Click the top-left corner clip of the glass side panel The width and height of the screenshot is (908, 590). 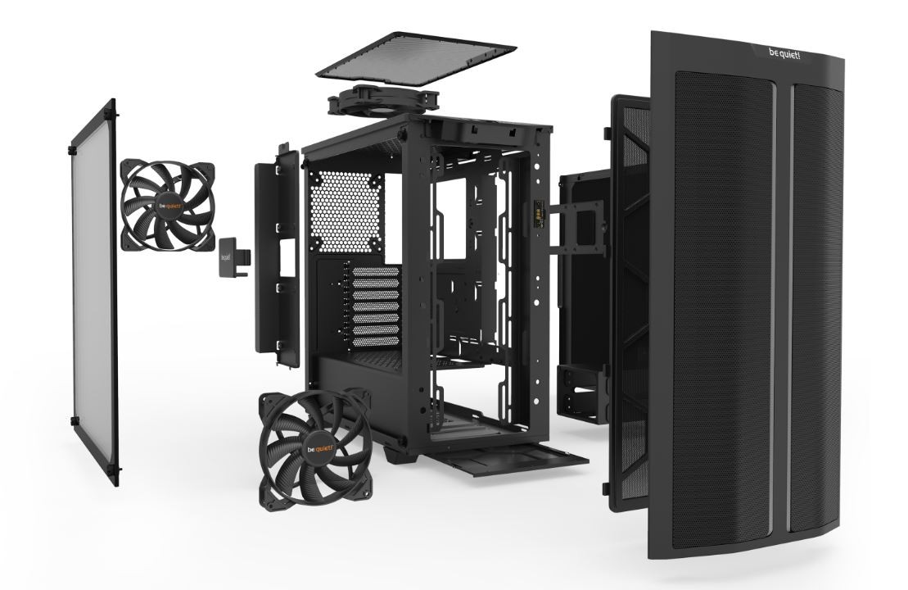pyautogui.click(x=111, y=104)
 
